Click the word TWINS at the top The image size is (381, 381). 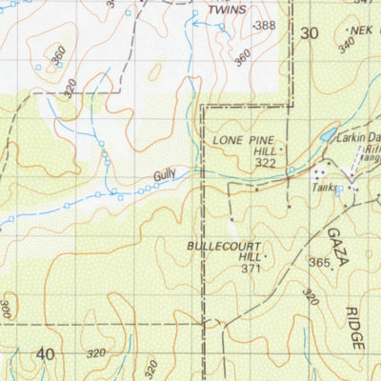coord(227,10)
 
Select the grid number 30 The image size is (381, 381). coord(307,33)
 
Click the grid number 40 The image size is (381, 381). coord(45,354)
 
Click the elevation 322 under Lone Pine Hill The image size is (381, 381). coord(266,163)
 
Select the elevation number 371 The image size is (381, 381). coord(251,270)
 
